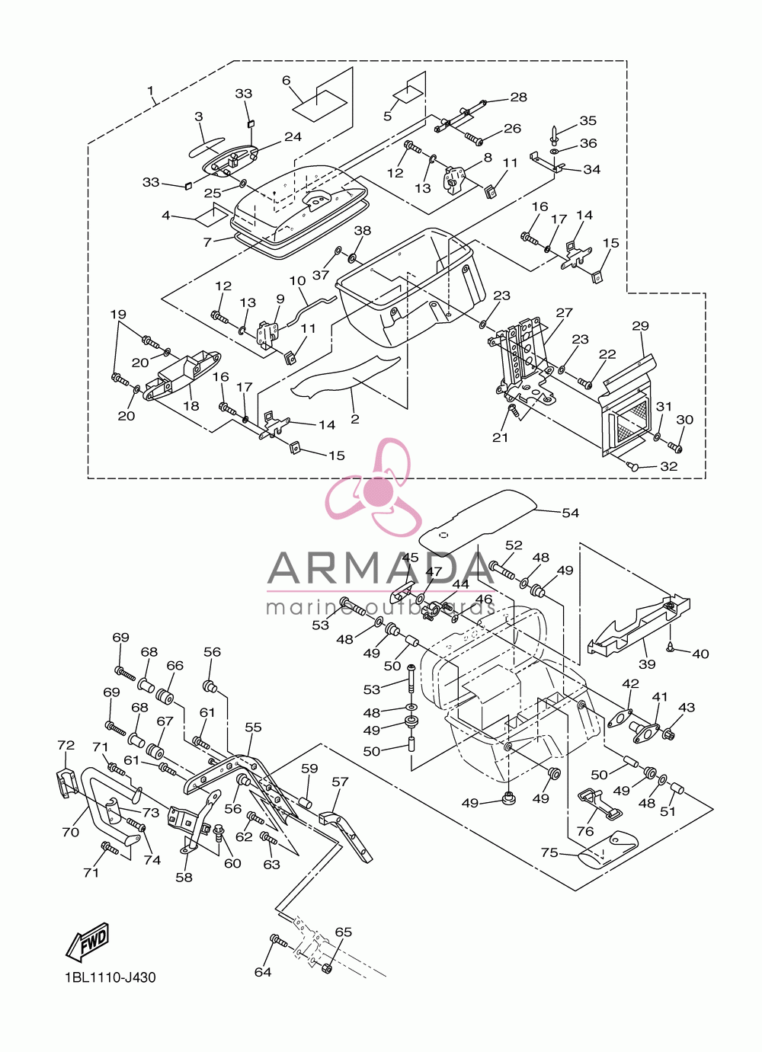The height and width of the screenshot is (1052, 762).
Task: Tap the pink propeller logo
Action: pyautogui.click(x=374, y=488)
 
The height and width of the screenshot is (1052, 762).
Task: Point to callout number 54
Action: pyautogui.click(x=570, y=513)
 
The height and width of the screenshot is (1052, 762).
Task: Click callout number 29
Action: pyautogui.click(x=640, y=325)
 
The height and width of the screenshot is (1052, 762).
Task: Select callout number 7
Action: pyautogui.click(x=208, y=242)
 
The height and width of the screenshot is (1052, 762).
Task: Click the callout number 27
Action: pyautogui.click(x=564, y=312)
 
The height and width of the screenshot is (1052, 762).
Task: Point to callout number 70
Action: pyautogui.click(x=70, y=832)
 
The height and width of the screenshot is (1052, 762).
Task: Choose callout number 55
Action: pyautogui.click(x=253, y=727)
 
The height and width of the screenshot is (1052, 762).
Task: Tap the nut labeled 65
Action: pyautogui.click(x=327, y=968)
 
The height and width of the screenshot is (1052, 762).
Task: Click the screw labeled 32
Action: pyautogui.click(x=632, y=466)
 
